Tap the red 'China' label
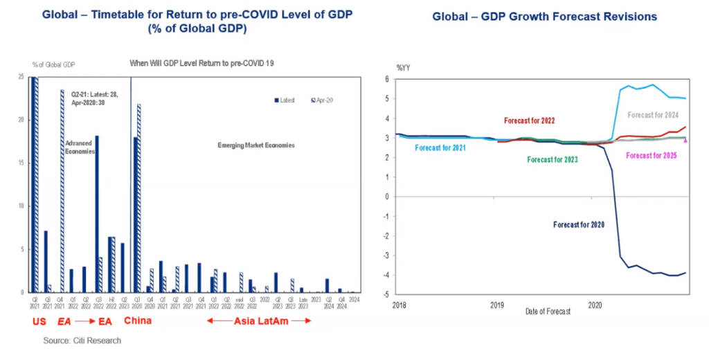click(x=138, y=321)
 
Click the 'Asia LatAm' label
click(x=260, y=321)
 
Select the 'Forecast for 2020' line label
click(x=580, y=224)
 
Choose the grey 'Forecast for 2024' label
click(x=653, y=116)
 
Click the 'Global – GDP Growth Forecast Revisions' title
click(x=545, y=16)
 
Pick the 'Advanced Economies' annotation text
click(x=78, y=146)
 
